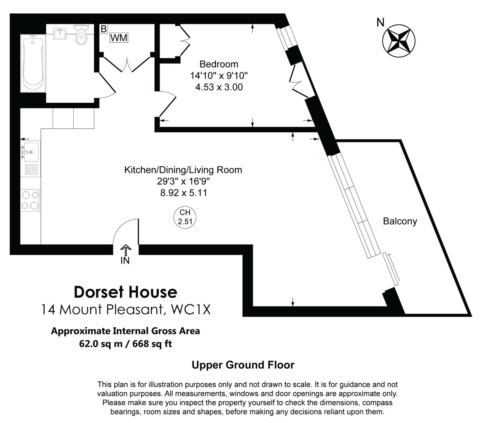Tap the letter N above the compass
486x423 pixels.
380,23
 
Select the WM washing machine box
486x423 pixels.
119,38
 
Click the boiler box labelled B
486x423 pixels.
104,29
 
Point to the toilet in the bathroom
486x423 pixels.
81,36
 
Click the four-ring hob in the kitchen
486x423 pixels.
31,201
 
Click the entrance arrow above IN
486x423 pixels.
126,249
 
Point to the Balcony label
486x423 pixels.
400,221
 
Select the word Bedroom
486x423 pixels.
219,64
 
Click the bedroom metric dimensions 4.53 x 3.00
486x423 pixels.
219,87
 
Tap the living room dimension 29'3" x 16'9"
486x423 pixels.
183,181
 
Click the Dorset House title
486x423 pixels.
126,291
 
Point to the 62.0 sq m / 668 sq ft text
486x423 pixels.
126,344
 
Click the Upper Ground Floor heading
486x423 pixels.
243,365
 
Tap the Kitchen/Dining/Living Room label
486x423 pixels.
183,170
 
